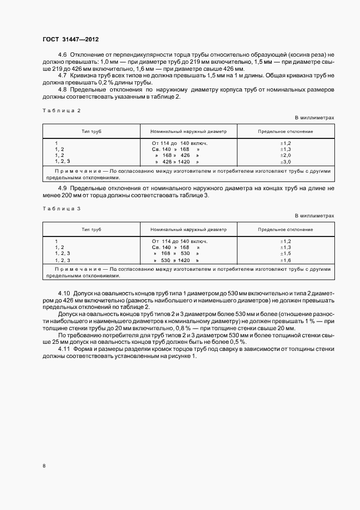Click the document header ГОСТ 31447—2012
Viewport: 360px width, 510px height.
71,40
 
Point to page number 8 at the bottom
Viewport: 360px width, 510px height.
45,465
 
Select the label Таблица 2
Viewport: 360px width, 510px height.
61,111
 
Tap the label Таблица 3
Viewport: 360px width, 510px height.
61,209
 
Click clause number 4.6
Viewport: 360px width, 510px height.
62,55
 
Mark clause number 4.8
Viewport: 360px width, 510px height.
62,89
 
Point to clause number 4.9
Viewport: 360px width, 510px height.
62,188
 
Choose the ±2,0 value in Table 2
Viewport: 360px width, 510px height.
285,155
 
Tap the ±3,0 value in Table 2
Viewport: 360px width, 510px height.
285,162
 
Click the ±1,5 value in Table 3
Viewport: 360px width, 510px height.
285,254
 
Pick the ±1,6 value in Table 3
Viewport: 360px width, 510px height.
285,260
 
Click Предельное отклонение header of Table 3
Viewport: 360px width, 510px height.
285,230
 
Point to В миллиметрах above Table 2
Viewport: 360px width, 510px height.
314,117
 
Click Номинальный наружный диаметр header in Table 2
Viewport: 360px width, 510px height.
188,131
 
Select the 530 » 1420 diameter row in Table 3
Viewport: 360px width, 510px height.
178,260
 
